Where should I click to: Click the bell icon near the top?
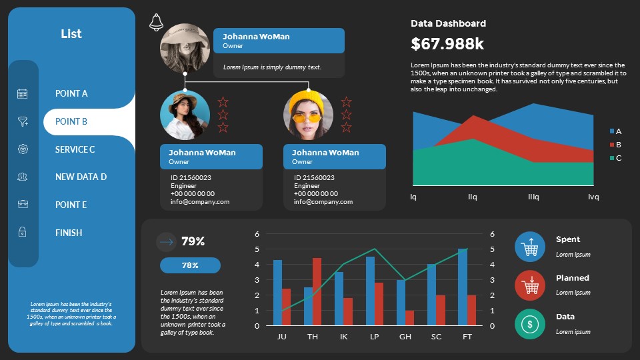157,22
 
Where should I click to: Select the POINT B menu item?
71,121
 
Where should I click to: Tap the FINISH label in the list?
69,233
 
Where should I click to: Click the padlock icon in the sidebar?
23,232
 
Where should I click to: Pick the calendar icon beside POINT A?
23,94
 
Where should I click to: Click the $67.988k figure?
447,44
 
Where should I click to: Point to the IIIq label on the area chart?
533,197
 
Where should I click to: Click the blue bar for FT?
463,287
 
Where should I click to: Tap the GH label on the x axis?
405,337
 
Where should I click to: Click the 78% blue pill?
190,265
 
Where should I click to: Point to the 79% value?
193,241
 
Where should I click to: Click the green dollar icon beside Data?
530,324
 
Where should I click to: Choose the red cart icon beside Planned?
530,285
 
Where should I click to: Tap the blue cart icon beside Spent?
530,247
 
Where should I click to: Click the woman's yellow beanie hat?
309,101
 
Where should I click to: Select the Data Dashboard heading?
448,23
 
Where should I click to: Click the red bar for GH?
409,318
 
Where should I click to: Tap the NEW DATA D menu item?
81,177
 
